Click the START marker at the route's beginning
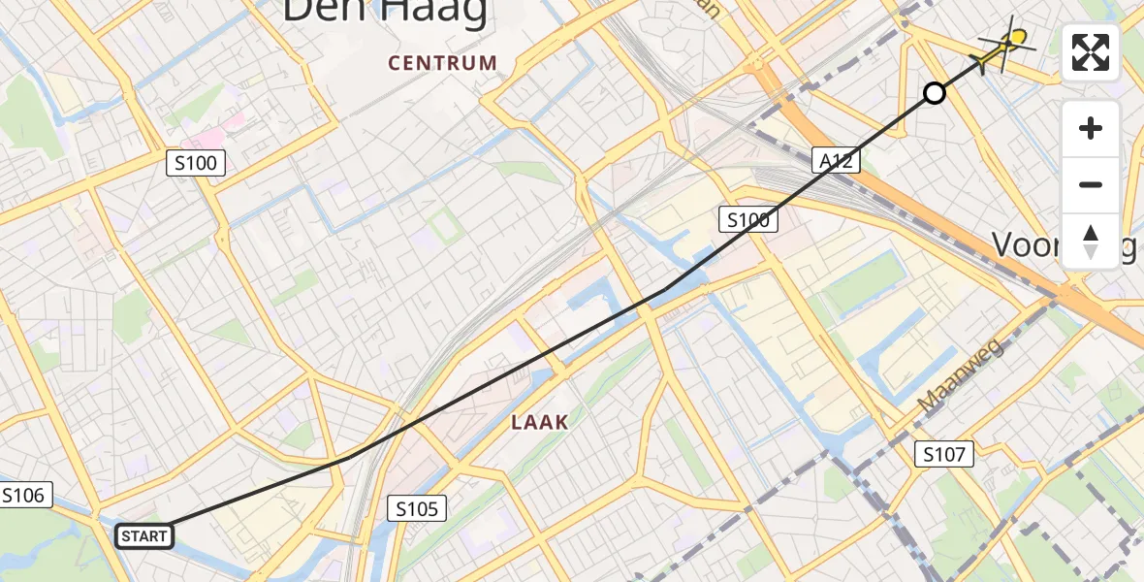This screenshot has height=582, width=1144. click(x=144, y=535)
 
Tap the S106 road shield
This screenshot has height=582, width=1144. click(x=22, y=496)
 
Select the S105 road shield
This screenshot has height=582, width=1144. click(x=418, y=507)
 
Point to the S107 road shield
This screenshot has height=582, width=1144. click(x=944, y=453)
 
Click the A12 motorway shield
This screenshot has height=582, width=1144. click(x=835, y=161)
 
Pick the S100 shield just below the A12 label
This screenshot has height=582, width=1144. click(x=748, y=220)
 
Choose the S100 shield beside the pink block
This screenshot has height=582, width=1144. click(x=197, y=163)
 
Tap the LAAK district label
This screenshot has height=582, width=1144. click(x=539, y=423)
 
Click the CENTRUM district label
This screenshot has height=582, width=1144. click(x=443, y=64)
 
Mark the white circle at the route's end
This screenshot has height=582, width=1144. click(x=934, y=93)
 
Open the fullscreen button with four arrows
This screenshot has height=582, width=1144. click(x=1091, y=52)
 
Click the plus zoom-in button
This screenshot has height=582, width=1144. click(x=1091, y=128)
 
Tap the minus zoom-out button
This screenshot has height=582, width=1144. click(x=1091, y=184)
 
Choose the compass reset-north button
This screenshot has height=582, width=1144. click(x=1091, y=241)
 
